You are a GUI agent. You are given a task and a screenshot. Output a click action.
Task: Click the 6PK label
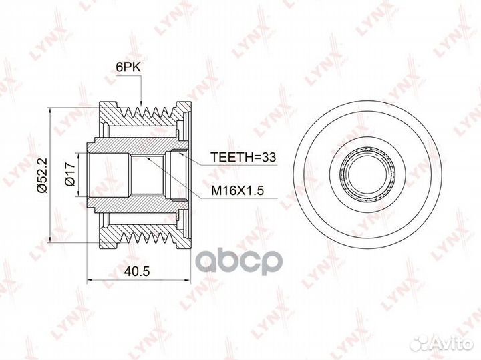coord(128,67)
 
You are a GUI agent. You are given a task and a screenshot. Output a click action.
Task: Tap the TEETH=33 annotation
coord(243,157)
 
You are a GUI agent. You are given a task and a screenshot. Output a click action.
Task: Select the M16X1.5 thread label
coord(237,191)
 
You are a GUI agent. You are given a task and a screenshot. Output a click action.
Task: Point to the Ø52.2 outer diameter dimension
coord(42,175)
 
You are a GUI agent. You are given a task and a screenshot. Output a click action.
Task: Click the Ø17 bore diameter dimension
coord(70,174)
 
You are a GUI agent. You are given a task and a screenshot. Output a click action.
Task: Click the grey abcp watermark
coord(239,262)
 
